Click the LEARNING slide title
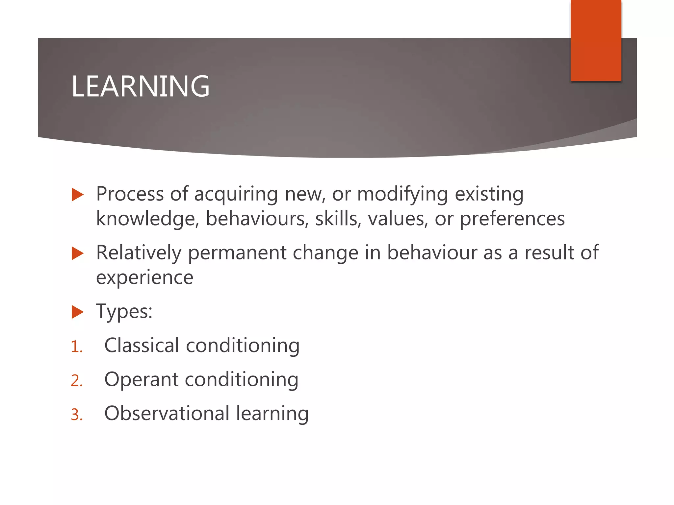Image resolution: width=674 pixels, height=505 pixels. pos(141,86)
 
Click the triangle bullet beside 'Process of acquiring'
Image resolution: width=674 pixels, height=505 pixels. pos(77,195)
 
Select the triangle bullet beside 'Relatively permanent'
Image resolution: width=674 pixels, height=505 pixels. pos(77,253)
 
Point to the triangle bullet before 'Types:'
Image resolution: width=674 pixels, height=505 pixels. pos(77,312)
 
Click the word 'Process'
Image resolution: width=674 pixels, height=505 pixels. pos(130,194)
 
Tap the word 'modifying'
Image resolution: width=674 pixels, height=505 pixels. pos(402,195)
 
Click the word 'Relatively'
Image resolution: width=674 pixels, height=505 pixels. pos(139,253)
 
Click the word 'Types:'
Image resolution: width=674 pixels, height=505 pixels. pos(124,312)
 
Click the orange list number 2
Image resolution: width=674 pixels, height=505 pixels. pos(76,381)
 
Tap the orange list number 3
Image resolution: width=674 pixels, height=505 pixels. pos(76,415)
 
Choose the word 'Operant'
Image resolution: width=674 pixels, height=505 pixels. pos(141,380)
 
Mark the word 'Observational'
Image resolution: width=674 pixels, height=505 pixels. pos(167,413)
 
